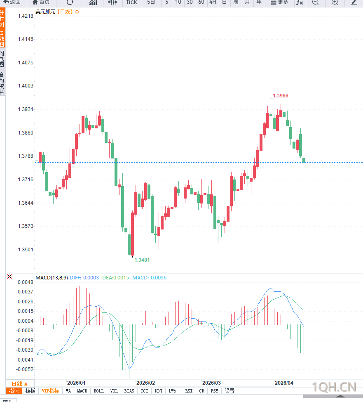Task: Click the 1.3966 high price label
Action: (281, 96)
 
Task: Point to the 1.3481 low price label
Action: (142, 260)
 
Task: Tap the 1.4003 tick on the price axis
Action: (26, 86)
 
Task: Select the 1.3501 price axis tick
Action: (26, 250)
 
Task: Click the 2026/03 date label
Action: (212, 383)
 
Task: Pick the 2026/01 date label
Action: (76, 383)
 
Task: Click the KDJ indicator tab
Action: (159, 391)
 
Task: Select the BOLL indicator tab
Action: (99, 391)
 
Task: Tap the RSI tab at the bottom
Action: (189, 391)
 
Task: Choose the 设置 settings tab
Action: (230, 391)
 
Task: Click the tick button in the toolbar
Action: (132, 2)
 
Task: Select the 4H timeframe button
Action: (213, 2)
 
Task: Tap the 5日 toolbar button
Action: (151, 2)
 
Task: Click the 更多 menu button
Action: (279, 2)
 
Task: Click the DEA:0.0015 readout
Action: (116, 278)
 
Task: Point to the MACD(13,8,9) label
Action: (52, 278)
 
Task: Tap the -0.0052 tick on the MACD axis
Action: (26, 369)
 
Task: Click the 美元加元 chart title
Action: (44, 12)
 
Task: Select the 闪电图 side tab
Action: (2, 59)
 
